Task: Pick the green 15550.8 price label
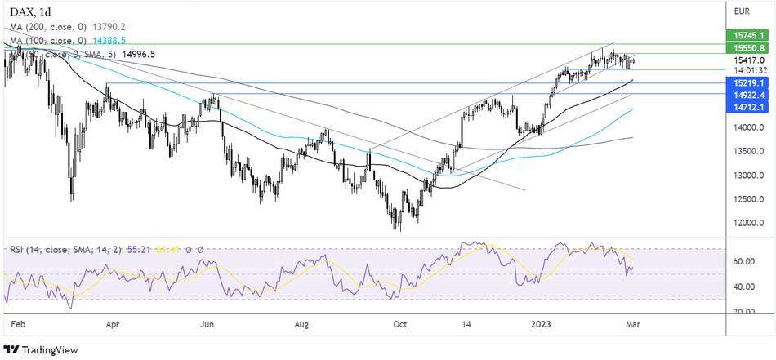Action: pos(748,49)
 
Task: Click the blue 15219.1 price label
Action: pos(748,84)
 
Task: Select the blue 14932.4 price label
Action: pos(748,96)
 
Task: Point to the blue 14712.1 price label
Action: pos(748,107)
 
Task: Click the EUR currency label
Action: pos(742,11)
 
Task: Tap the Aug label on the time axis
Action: pos(302,323)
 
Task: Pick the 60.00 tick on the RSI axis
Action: pos(743,262)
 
